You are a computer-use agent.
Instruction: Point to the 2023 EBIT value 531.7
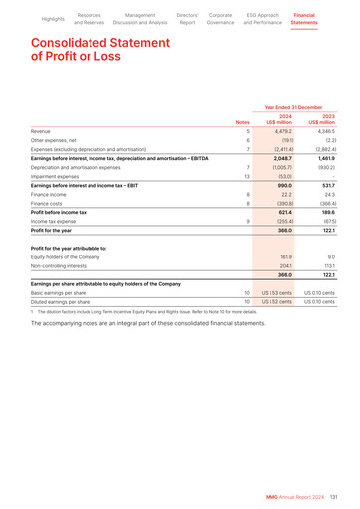325,186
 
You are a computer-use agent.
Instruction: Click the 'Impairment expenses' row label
59,177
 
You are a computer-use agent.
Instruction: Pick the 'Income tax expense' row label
56,222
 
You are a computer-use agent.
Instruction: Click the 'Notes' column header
242,122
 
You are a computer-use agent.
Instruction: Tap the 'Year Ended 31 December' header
292,106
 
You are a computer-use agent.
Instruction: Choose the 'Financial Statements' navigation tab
304,19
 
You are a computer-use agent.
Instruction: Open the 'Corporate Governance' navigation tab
221,19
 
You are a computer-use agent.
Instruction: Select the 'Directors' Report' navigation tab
187,19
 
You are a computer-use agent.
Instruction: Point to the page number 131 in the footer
334,497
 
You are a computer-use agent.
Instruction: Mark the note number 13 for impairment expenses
246,177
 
